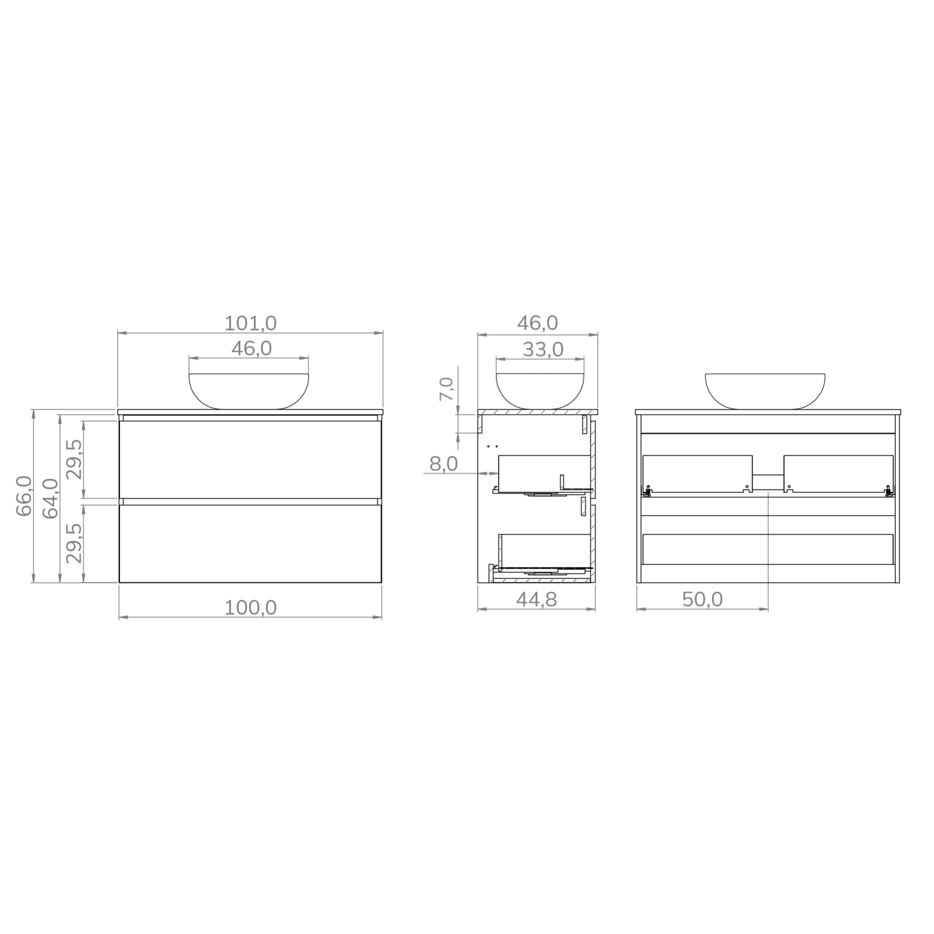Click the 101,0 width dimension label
pos(250,323)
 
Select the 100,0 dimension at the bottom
pos(250,607)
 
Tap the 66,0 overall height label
pos(24,496)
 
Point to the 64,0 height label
pos(50,498)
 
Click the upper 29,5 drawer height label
pos(74,459)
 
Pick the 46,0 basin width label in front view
pos(251,348)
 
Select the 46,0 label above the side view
pos(538,323)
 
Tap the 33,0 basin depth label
pos(543,349)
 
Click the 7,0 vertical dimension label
pos(446,389)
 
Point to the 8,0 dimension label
pos(443,464)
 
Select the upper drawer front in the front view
pos(250,459)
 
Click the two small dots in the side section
pos(493,446)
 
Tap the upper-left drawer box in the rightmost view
pos(697,473)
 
